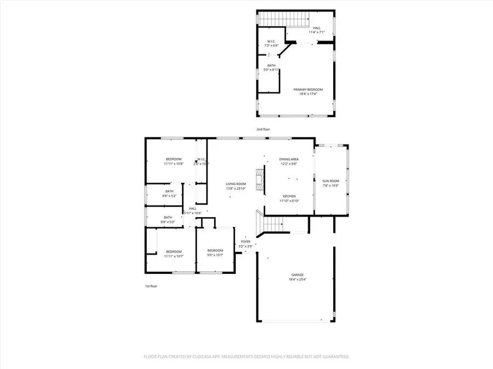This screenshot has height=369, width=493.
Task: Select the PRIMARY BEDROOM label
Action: tap(308, 90)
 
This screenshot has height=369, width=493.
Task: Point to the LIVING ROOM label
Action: tap(237, 184)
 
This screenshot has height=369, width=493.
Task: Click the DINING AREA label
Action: tap(289, 159)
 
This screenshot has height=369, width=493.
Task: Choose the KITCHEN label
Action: tap(289, 196)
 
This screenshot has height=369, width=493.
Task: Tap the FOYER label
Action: tap(245, 241)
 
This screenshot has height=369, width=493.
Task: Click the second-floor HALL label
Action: tap(317, 28)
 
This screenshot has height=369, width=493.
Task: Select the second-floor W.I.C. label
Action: tap(271, 41)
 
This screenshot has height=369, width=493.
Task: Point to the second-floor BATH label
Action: tap(271, 66)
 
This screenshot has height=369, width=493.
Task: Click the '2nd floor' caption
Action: tap(263, 130)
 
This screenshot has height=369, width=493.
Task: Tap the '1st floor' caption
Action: tap(150, 286)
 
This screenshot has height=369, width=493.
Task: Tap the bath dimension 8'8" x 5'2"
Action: tap(169, 195)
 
